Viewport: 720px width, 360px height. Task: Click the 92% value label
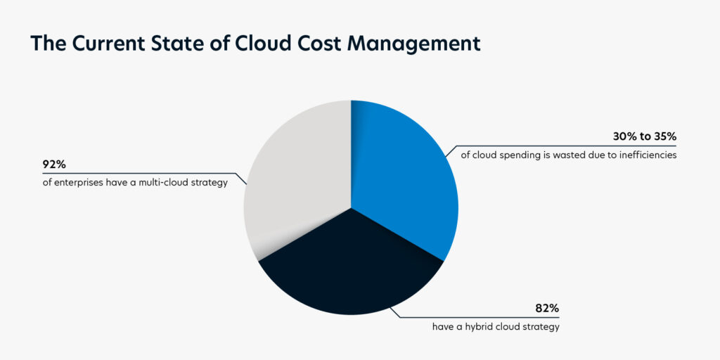click(54, 166)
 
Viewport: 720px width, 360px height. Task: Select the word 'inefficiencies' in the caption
click(647, 155)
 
